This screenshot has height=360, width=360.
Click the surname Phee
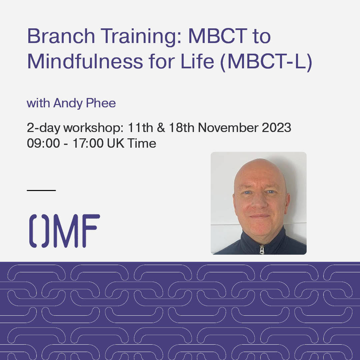tap(102, 103)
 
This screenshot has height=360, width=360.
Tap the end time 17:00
tap(89, 144)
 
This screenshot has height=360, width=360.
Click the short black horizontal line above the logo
tap(41, 190)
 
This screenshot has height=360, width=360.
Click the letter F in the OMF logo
tap(91, 231)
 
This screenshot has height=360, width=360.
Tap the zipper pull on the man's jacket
tap(262, 249)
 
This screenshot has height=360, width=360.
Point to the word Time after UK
tap(142, 144)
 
